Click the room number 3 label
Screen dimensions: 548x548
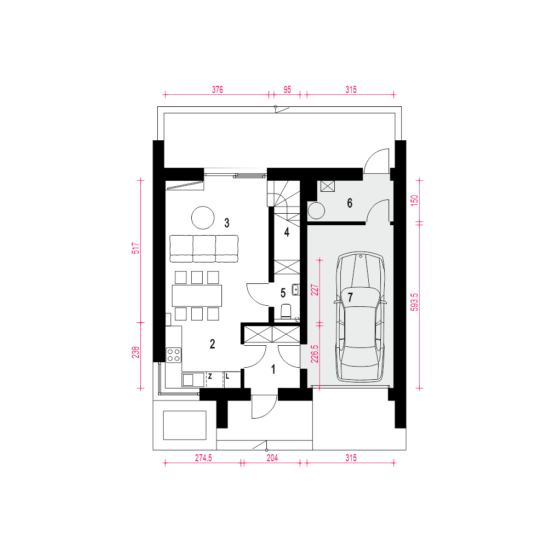(227, 223)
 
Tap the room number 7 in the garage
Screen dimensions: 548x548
(350, 298)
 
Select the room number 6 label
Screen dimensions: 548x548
(350, 203)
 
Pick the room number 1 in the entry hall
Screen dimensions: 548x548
(273, 369)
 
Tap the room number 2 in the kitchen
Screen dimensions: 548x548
(213, 344)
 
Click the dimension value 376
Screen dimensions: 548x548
(218, 89)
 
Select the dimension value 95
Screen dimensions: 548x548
(287, 89)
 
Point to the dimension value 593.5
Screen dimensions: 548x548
(414, 302)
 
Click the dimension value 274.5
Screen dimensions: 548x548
(203, 458)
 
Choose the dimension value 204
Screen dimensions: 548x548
(272, 458)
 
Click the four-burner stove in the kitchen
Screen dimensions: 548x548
(173, 355)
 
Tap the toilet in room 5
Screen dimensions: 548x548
(286, 311)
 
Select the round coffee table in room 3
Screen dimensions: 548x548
(203, 218)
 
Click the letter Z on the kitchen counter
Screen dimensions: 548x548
(210, 376)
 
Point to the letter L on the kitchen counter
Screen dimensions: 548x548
(227, 376)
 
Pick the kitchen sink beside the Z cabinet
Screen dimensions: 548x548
(193, 380)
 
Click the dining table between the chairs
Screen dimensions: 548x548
(197, 296)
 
